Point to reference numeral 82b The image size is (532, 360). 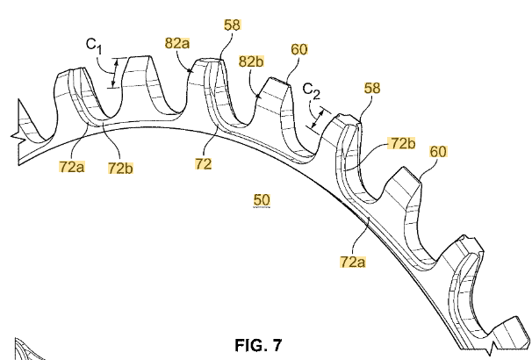click(x=252, y=61)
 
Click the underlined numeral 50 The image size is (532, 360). click(x=262, y=201)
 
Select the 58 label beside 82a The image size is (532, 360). click(x=232, y=26)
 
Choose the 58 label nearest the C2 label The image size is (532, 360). click(x=372, y=88)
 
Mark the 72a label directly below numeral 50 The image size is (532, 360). click(x=353, y=261)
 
